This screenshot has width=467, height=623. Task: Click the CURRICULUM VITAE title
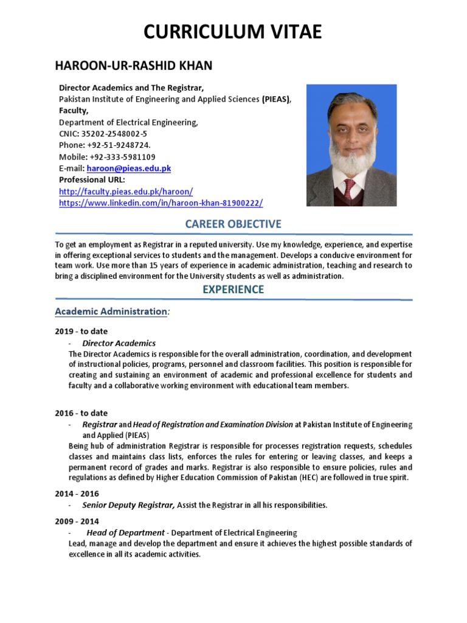click(x=233, y=32)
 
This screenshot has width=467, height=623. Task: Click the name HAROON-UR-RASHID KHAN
click(x=134, y=66)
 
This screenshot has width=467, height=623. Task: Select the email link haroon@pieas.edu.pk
click(x=128, y=168)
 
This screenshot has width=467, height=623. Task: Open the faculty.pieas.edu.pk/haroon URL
click(x=126, y=191)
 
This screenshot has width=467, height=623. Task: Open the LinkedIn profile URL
click(x=161, y=203)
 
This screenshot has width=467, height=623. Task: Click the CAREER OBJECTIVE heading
click(x=233, y=224)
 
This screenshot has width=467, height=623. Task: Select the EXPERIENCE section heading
click(x=233, y=290)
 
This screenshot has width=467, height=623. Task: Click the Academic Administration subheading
click(x=111, y=311)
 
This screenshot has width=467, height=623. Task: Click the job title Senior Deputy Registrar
click(x=128, y=505)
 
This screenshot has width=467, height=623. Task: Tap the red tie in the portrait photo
click(x=350, y=188)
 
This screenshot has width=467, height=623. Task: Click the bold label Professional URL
click(x=92, y=179)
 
